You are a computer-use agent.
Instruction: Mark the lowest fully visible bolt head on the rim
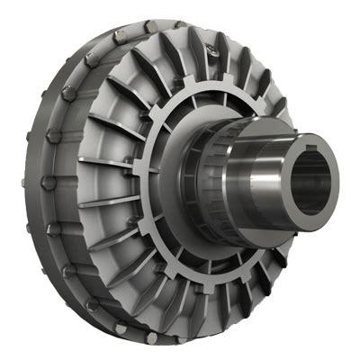pos(153,338)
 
